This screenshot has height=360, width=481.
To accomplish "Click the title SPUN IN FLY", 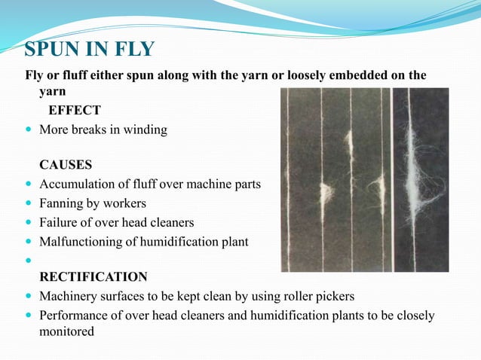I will [x=89, y=50].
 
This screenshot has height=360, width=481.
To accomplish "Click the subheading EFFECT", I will [x=75, y=110].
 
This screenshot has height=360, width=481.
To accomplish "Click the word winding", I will [x=147, y=130].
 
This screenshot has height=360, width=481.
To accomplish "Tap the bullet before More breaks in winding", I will [x=29, y=130].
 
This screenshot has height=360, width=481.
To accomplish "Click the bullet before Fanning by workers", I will [x=29, y=203].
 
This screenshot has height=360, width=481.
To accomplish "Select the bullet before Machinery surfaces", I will [x=29, y=296].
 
